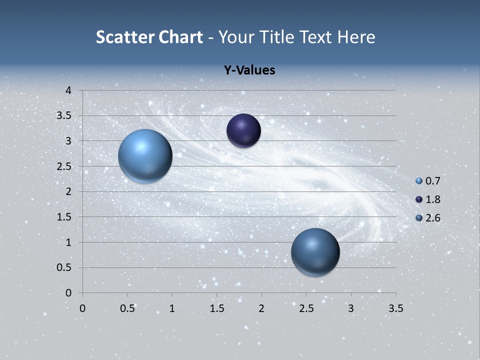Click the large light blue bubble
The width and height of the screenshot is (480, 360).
pos(145,156)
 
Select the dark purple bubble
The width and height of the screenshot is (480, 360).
pos(243,130)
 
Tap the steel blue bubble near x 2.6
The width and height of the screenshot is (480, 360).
pos(315,252)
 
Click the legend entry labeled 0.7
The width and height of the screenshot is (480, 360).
pos(428,181)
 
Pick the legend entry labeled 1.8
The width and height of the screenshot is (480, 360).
pos(428,199)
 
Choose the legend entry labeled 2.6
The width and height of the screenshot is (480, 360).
pos(428,218)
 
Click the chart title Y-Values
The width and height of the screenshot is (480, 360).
pos(249,70)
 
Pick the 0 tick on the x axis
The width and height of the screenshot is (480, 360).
pos(82,308)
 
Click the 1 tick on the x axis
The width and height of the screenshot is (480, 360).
pos(172,308)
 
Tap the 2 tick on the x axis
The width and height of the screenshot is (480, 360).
pos(261,308)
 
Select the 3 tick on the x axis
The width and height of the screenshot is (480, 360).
pos(351,308)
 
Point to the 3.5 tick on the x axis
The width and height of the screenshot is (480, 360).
pos(395,308)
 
